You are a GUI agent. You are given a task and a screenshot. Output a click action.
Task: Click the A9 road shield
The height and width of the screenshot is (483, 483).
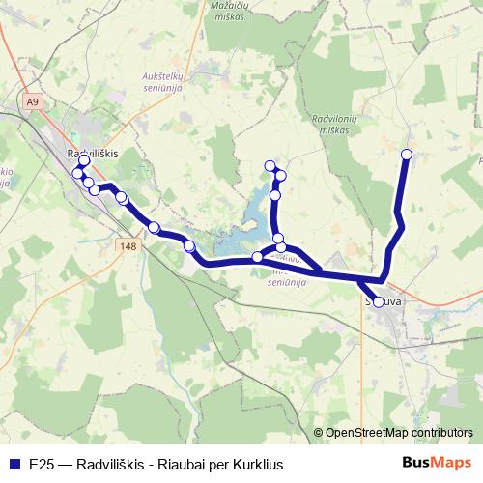35,100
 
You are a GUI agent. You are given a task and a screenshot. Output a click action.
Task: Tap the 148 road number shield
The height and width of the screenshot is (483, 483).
130,246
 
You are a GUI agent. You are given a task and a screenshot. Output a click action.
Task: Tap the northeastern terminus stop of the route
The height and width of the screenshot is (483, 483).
407,155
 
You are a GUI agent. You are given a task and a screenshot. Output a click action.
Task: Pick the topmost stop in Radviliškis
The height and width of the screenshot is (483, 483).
84,160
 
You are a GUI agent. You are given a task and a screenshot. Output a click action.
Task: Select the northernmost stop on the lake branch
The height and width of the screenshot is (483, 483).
270,165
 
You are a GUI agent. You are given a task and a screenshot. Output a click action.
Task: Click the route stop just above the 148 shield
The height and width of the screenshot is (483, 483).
154,228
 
